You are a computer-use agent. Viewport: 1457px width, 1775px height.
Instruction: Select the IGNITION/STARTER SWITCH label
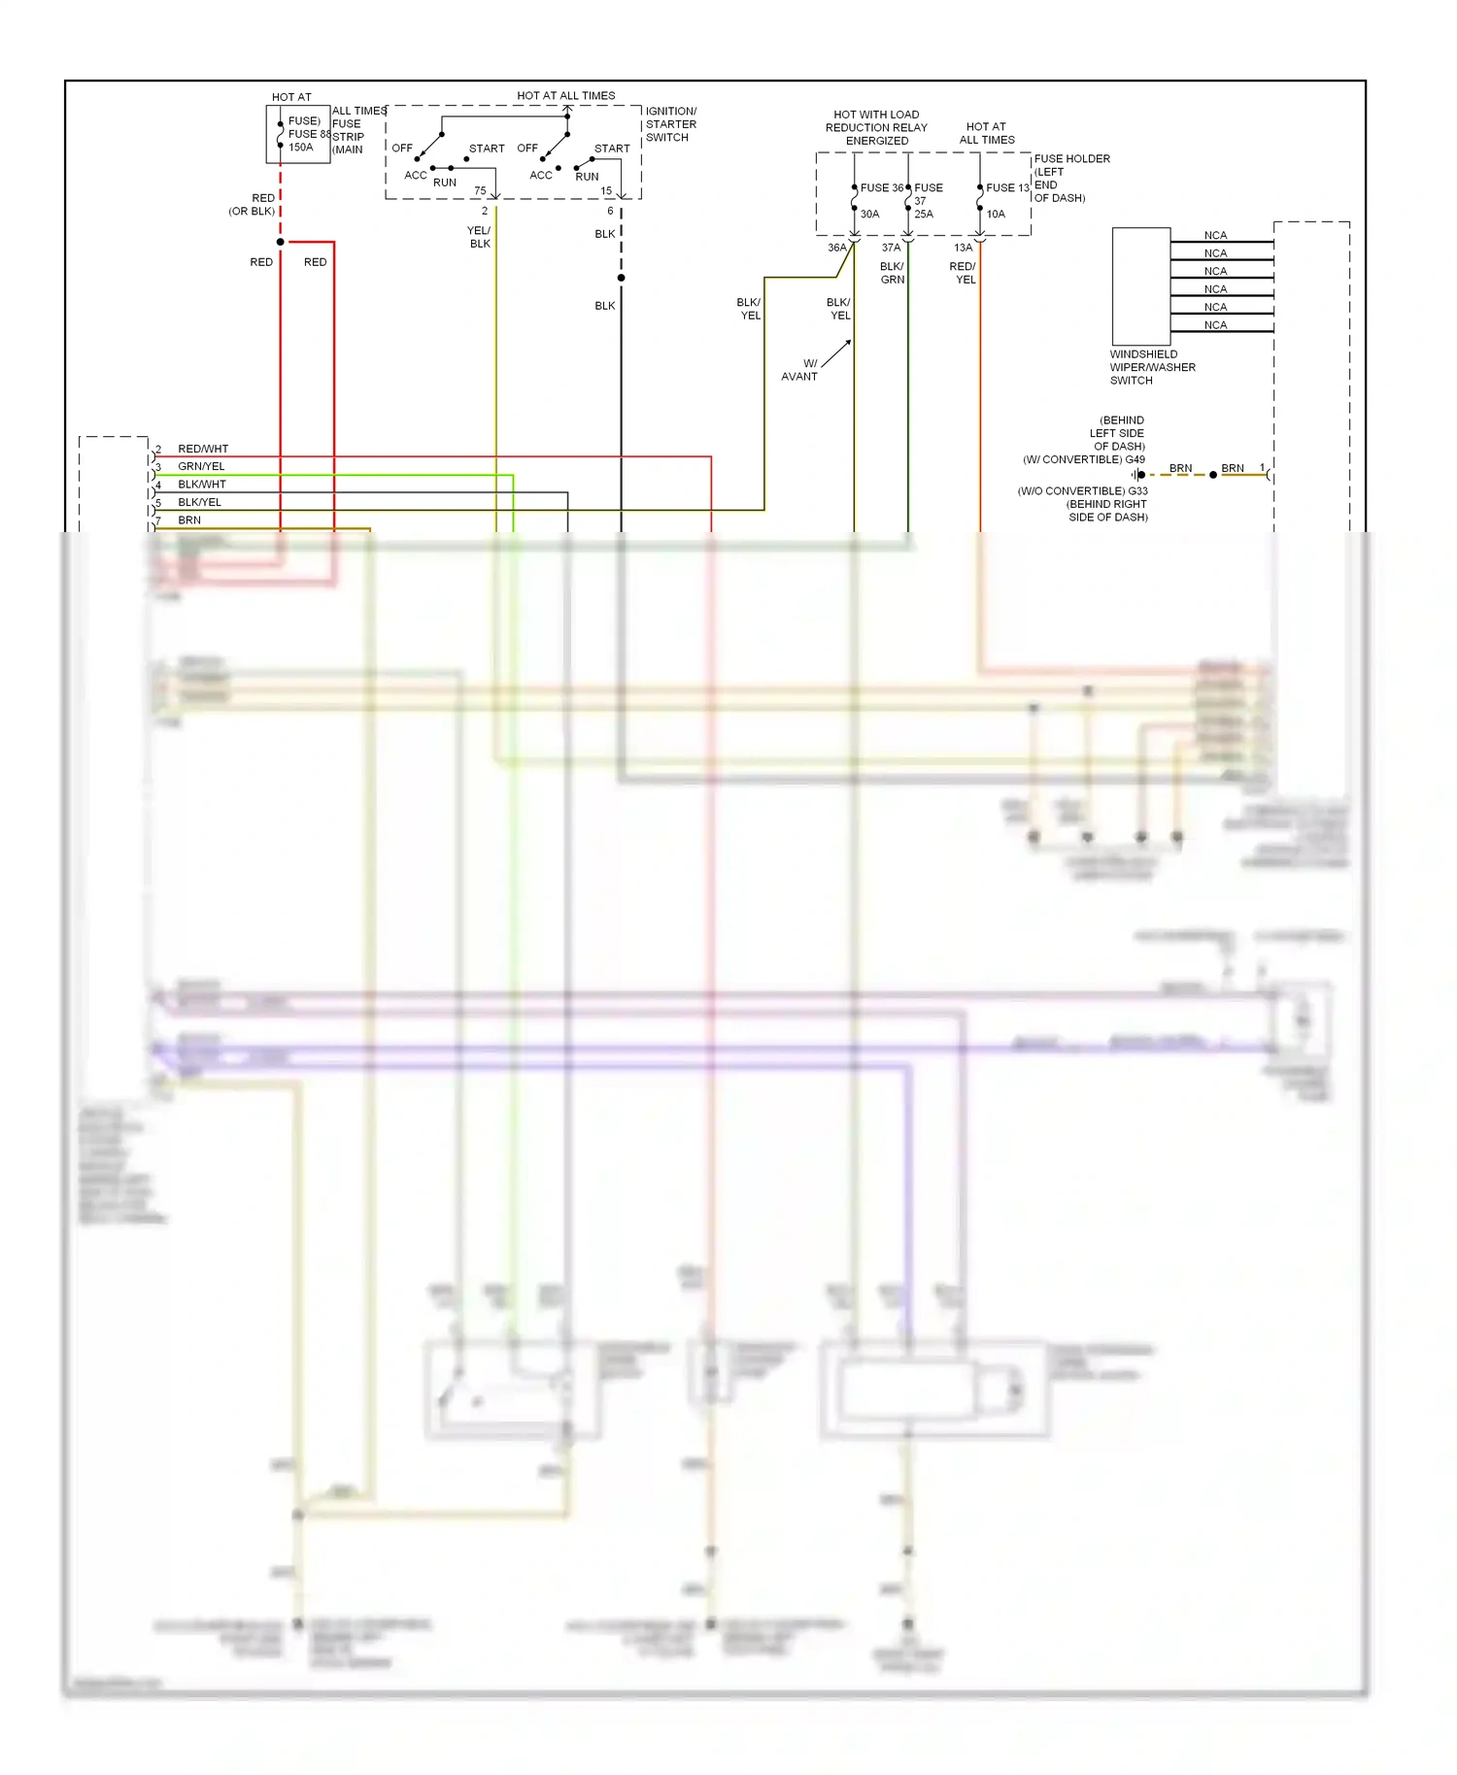pos(670,124)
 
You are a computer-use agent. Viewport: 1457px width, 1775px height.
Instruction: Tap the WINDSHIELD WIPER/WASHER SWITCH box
pos(1140,285)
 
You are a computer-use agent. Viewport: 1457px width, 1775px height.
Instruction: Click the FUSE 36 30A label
pos(878,200)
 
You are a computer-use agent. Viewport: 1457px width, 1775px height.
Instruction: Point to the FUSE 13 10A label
pos(1004,200)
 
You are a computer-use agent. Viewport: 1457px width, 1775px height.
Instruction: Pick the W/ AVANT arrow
pos(836,354)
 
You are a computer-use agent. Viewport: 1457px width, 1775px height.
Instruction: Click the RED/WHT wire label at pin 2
pos(203,449)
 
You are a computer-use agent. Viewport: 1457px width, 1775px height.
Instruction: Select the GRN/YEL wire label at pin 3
pos(201,466)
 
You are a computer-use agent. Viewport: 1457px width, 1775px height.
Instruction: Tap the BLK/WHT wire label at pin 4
pos(201,484)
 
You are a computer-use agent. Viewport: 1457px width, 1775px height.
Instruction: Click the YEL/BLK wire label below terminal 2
pos(479,237)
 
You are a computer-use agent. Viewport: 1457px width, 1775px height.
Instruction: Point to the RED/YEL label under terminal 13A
pos(963,273)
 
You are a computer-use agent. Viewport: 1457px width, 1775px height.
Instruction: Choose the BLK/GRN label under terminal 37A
pos(892,273)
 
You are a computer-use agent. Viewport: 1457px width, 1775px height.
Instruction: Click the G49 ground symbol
pos(1137,475)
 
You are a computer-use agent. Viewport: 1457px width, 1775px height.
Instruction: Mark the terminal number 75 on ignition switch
pos(480,190)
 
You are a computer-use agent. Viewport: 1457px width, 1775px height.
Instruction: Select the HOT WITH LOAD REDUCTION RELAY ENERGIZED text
pos(876,127)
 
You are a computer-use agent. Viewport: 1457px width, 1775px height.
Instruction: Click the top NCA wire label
pos(1215,235)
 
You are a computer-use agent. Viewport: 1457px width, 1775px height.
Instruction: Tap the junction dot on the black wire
pos(622,278)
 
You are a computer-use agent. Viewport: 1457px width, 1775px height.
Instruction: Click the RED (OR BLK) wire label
pos(254,204)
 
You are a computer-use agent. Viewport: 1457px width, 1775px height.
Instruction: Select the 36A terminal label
pos(836,248)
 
